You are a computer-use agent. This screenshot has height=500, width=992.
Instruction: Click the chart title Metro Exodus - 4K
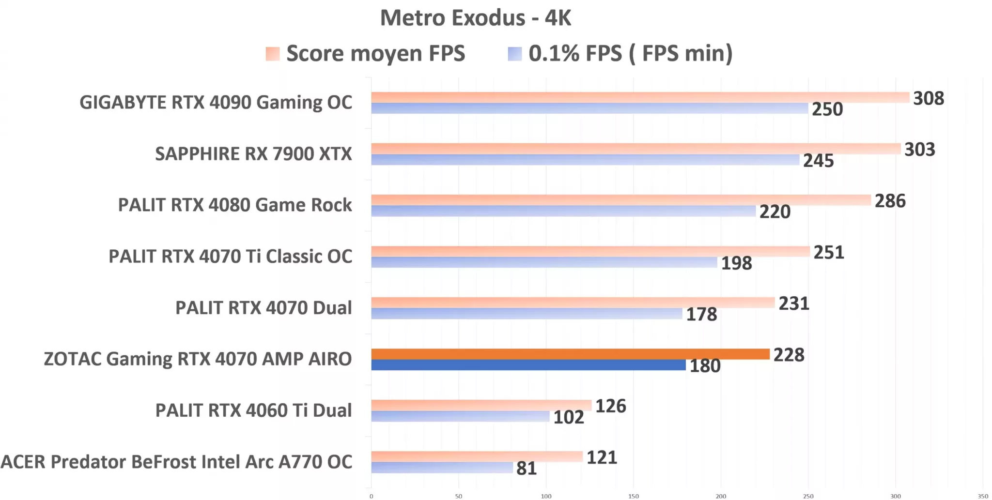pos(475,18)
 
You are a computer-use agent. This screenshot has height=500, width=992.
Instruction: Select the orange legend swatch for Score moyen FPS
pos(273,54)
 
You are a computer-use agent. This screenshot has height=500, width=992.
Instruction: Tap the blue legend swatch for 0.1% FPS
pos(514,54)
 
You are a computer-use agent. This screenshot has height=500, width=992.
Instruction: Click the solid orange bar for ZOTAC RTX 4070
pos(570,354)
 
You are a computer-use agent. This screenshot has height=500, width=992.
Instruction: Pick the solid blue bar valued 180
pos(528,365)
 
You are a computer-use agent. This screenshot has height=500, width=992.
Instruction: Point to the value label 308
pos(928,98)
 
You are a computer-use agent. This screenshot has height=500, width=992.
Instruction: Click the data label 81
pos(526,469)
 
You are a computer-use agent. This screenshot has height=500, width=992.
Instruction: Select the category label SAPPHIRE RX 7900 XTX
pos(253,154)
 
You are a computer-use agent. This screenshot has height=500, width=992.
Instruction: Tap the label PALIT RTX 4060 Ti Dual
pos(253,410)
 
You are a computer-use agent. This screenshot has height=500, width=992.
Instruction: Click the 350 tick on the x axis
pos(983,496)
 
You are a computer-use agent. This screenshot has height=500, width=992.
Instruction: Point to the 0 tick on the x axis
pos(372,496)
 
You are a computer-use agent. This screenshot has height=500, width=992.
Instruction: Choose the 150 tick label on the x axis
pos(634,496)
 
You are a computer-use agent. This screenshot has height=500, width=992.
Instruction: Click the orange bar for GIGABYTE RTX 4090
pos(639,97)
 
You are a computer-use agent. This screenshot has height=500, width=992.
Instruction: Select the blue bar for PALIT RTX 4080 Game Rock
pos(563,211)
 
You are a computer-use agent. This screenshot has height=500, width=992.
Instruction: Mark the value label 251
pos(828,252)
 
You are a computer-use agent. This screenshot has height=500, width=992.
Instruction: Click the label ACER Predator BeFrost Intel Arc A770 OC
pos(176,462)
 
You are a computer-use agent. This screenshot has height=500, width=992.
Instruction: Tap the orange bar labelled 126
pos(481,405)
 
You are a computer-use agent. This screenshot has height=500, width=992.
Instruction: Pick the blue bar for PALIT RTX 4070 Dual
pos(527,314)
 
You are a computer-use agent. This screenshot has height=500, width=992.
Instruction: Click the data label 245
pos(818,161)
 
